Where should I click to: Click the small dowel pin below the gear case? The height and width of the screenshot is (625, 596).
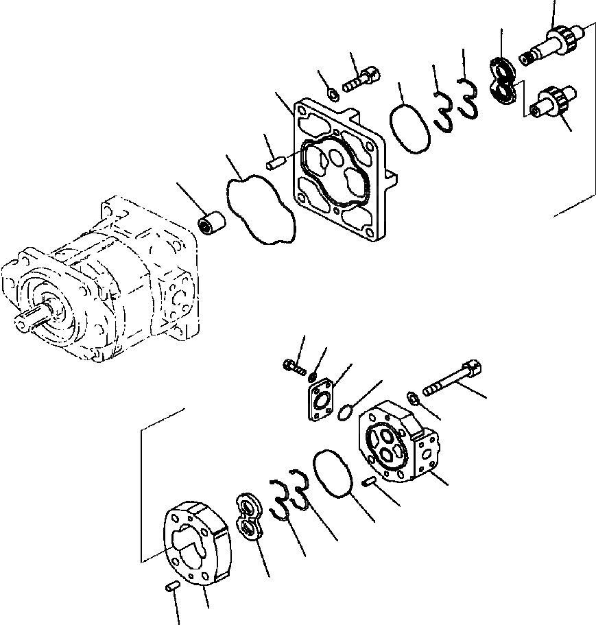coord(174,585)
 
